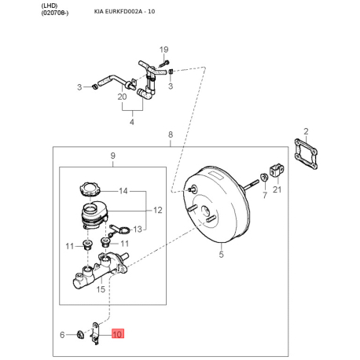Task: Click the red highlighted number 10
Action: click(x=118, y=334)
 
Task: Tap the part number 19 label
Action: click(x=164, y=50)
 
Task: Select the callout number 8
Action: click(x=171, y=134)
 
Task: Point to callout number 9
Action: click(x=113, y=156)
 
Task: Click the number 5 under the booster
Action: click(x=222, y=255)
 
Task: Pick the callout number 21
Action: click(x=277, y=189)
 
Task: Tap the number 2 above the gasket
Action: click(x=306, y=131)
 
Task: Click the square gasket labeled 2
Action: click(x=306, y=154)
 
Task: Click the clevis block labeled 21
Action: click(x=277, y=170)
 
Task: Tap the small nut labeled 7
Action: click(x=264, y=177)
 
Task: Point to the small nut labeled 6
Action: click(x=79, y=335)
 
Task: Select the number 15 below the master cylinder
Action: click(x=101, y=289)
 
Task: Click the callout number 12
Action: click(x=158, y=210)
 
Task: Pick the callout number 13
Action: click(x=138, y=230)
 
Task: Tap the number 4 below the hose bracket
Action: click(x=132, y=122)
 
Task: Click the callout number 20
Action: click(x=122, y=97)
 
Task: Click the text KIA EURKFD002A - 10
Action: click(x=124, y=12)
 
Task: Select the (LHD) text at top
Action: click(x=50, y=6)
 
